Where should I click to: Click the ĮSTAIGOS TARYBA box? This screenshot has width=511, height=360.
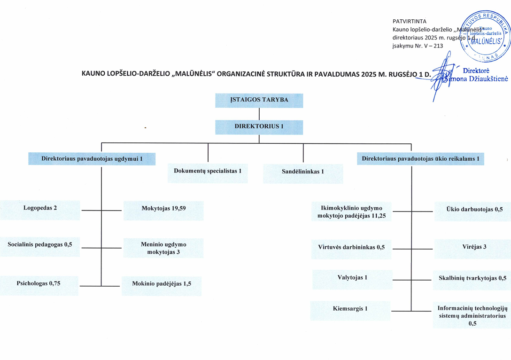[x=259, y=101]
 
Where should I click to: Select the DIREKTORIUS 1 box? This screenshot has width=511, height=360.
[x=259, y=127]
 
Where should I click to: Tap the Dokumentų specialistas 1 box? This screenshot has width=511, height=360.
[x=208, y=172]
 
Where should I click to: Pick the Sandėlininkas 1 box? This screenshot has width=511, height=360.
[x=303, y=172]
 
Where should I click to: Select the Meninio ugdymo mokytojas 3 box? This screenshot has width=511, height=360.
[x=163, y=248]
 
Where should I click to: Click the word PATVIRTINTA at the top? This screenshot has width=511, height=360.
[x=409, y=22]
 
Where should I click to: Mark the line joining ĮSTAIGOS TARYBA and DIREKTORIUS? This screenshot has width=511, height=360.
[x=259, y=114]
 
